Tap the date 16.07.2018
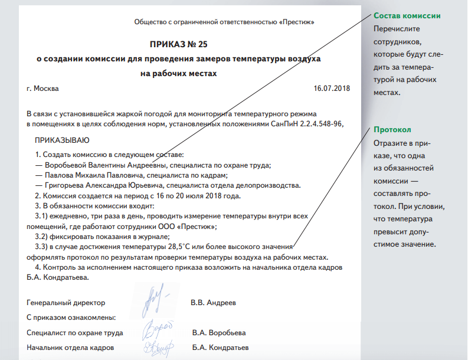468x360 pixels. point(332,89)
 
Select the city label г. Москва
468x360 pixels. point(43,89)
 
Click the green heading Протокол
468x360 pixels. point(392,130)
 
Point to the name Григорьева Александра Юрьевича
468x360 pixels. point(103,185)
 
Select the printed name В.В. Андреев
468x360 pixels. point(213,303)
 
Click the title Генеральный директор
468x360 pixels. point(66,303)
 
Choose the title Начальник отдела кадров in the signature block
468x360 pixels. point(70,348)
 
